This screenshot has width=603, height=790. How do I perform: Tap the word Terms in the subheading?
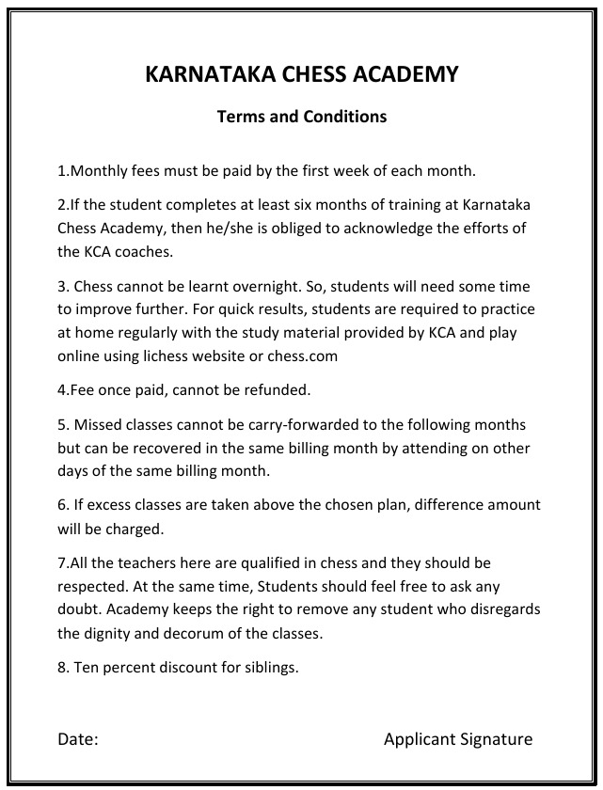click(x=240, y=118)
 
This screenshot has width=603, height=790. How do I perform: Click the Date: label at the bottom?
click(x=78, y=739)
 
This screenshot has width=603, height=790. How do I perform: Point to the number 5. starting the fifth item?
click(x=63, y=424)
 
